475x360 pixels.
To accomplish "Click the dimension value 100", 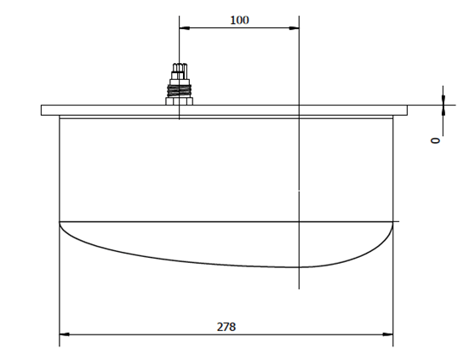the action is point(239,20).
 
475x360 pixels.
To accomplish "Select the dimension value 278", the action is point(226,327).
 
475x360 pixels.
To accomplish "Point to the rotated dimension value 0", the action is point(435,140).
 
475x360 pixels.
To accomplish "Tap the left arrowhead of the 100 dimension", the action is point(185,28).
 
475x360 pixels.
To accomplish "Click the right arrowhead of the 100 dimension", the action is point(294,28).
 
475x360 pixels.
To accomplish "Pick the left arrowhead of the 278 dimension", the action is point(65,334).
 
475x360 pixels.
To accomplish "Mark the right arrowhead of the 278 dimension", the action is point(388,334).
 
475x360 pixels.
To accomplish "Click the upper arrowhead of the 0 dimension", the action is point(444,100).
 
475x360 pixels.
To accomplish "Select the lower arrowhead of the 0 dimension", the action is point(444,110).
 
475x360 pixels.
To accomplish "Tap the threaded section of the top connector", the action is point(180,90).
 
